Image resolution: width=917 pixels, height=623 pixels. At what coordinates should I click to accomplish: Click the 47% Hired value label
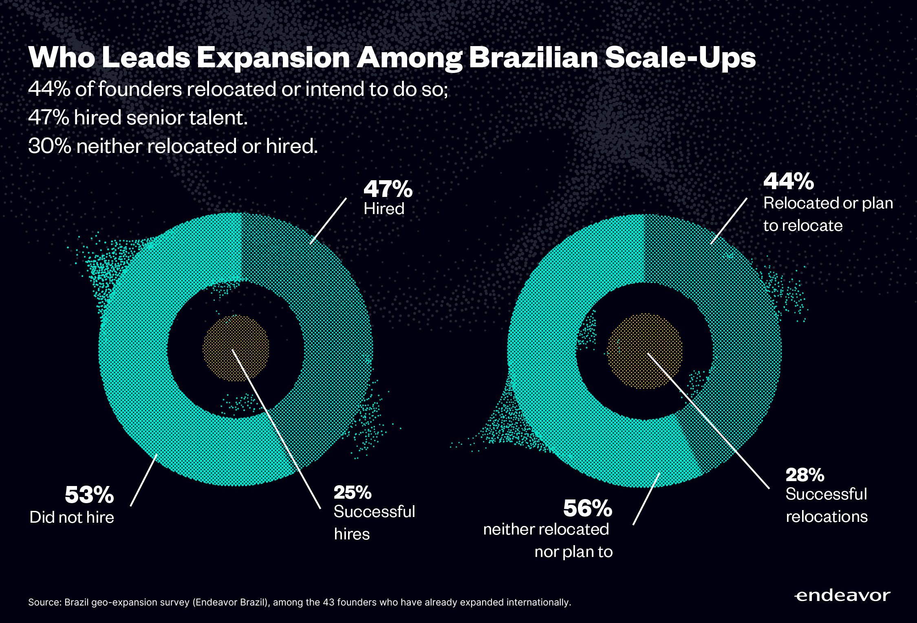coord(388,189)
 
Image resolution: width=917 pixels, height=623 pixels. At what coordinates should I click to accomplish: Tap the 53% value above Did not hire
coord(89,495)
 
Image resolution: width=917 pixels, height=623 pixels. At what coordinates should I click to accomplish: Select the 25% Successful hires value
coord(353,493)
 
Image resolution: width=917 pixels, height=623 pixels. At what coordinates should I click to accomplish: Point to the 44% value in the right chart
coord(789,181)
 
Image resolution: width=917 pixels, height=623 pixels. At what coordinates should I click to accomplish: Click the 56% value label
coord(588,508)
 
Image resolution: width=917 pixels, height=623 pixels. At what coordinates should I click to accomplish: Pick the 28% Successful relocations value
coord(805,475)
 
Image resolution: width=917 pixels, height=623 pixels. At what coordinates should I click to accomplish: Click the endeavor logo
coord(842,596)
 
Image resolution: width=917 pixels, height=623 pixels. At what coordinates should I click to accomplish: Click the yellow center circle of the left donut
coord(236,347)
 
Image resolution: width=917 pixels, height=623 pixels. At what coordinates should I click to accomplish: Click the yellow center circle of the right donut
coord(645,351)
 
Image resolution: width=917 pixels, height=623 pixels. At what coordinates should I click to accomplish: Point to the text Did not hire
coord(72,517)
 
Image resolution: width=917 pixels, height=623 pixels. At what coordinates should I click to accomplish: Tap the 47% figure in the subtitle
coord(48,117)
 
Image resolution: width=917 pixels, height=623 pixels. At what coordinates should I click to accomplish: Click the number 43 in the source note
coord(328,602)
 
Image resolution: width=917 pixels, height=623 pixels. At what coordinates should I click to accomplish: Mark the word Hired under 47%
coord(384,209)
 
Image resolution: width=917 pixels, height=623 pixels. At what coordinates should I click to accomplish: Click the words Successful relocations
coord(826,506)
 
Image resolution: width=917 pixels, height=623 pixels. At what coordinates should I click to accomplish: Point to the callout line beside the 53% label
coord(143,481)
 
